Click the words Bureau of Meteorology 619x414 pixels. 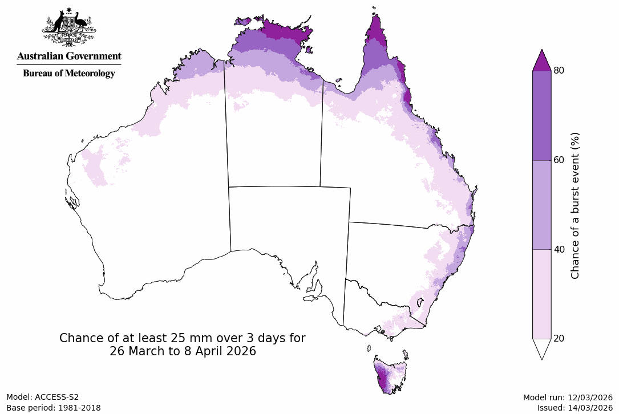[69, 73]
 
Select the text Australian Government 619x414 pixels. [69, 56]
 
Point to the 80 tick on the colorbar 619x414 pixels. [559, 71]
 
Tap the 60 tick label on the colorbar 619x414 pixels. [559, 160]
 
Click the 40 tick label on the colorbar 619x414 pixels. [559, 249]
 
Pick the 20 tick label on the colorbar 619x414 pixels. [559, 339]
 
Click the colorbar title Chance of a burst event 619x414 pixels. [575, 205]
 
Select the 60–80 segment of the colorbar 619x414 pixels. [541, 115]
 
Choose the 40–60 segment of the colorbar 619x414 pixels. [541, 205]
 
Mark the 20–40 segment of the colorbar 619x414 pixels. [541, 294]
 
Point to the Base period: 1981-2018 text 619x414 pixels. [54, 408]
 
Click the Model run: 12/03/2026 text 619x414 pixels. [568, 397]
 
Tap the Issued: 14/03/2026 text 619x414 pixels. [575, 408]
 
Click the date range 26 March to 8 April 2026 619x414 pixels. [183, 352]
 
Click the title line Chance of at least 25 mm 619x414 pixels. [183, 338]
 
